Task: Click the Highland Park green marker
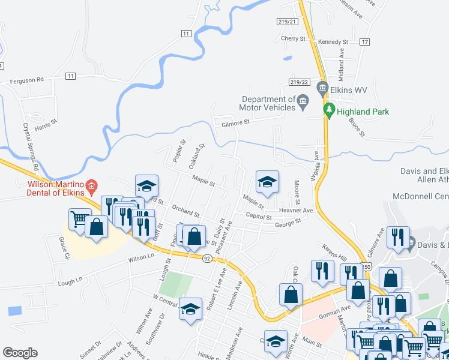coord(329,110)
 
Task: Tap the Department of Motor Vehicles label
coord(268,103)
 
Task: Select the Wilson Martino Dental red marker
coord(91,187)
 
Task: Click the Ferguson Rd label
coord(27,79)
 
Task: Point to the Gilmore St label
coord(235,122)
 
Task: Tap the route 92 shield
coord(206,259)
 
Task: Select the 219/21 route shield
coord(288,21)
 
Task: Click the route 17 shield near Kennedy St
coord(364,42)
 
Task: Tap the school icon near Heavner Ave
coord(267,182)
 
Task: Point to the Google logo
coord(20,352)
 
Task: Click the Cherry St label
coord(293,38)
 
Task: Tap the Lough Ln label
coord(69,281)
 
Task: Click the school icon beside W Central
coord(191,309)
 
